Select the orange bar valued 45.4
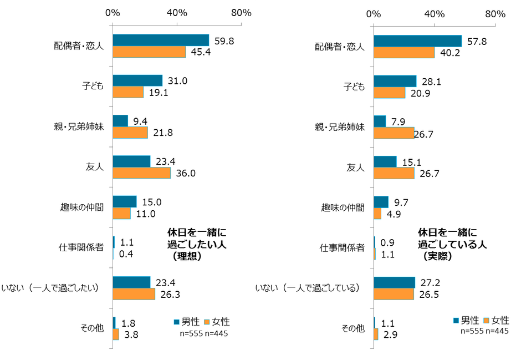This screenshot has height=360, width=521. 149,52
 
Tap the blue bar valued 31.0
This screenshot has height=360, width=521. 137,80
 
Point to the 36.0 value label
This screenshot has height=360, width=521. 186,173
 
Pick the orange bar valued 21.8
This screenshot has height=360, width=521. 130,133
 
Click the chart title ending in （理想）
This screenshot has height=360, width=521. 197,244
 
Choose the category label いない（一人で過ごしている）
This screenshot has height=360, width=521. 308,287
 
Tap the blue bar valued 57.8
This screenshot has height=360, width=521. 418,40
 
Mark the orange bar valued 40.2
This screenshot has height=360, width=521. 404,52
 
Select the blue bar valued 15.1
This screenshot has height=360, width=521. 385,161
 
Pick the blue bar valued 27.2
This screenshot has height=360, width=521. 394,282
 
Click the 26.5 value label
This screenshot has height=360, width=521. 429,294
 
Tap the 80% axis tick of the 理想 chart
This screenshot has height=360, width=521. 242,13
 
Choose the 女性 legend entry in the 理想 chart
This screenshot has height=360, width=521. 216,322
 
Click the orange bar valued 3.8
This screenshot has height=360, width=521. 116,334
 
